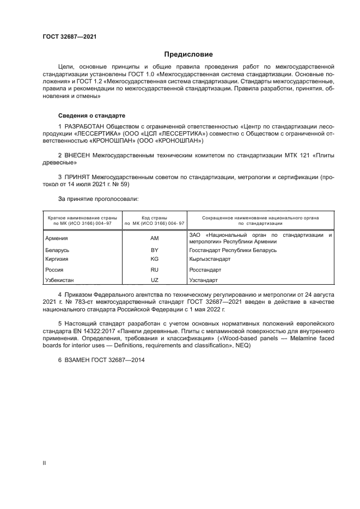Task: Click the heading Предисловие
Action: point(188,54)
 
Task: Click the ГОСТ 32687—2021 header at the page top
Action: point(69,37)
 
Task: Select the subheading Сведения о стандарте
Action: point(91,116)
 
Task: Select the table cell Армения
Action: point(57,238)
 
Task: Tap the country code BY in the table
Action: point(154,250)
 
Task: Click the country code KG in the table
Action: point(154,259)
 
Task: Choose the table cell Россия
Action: point(54,269)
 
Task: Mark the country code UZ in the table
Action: point(154,280)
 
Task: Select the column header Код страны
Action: point(154,217)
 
